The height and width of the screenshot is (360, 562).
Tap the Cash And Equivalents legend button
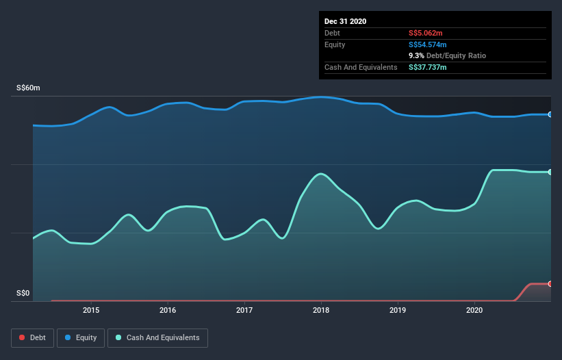[x=157, y=337]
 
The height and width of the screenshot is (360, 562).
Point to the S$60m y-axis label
[x=28, y=88]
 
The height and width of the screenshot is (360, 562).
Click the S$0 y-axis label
[x=23, y=294]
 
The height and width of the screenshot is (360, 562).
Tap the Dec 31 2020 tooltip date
[x=345, y=21]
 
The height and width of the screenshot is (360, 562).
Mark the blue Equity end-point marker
[x=550, y=114]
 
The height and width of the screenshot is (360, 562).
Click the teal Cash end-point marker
[x=550, y=172]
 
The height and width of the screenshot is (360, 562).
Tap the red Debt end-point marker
[x=550, y=283]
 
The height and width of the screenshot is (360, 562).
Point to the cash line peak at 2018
[x=320, y=174]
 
